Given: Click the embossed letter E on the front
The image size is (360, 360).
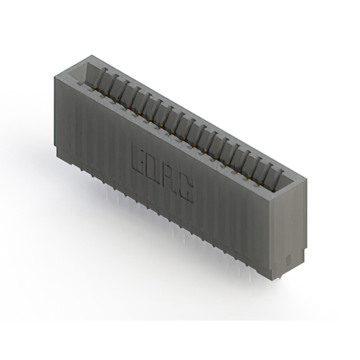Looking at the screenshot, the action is (x=138, y=160).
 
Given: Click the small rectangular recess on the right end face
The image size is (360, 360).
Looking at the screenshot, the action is (x=289, y=259).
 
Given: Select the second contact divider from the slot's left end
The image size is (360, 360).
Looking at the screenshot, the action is (x=113, y=84).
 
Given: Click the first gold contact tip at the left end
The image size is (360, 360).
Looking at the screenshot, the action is (x=95, y=88).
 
